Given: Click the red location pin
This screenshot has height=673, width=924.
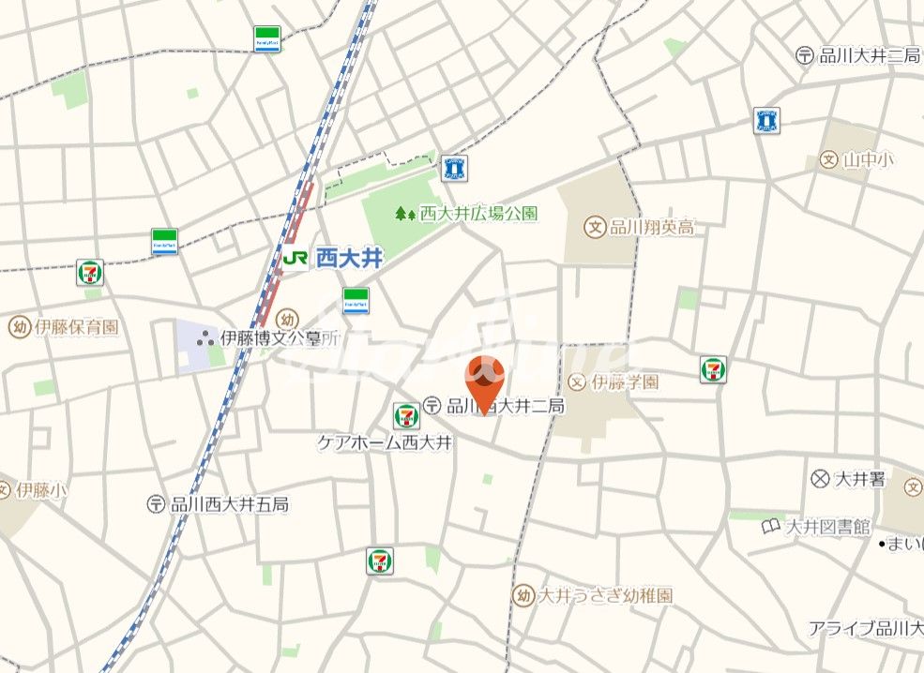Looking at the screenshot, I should coord(485,379).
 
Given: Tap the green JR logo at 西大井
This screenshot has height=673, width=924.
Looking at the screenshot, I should coord(295,258).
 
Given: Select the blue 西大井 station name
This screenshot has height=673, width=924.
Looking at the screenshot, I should coord(349,259).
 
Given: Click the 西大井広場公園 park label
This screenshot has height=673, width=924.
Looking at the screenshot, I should coord(478,214).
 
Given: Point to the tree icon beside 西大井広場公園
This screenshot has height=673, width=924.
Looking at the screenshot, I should coord(405,214).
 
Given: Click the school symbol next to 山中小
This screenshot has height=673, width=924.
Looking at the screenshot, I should coord(827,160).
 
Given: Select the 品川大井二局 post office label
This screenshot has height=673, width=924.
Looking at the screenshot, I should coord(870,55).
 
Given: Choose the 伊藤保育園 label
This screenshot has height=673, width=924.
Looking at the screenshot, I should coord(77,327).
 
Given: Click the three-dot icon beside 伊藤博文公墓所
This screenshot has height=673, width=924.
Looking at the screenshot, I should coord(204,338).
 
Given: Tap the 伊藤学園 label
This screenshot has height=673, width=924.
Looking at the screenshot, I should coord(625,381).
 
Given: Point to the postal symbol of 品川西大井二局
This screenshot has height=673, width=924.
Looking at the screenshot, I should coord(432,406).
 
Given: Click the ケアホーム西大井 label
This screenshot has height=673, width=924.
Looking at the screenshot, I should coord(385,441).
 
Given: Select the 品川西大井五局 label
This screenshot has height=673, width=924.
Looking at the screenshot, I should coord(229,504).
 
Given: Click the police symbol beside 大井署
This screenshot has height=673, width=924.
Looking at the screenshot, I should coord(820,479).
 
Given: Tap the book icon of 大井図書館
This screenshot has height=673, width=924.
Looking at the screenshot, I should coord(770,527).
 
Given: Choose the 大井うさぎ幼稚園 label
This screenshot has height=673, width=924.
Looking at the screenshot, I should coord(605,595).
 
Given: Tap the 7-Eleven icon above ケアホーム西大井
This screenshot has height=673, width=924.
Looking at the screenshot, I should coord(406,414).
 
